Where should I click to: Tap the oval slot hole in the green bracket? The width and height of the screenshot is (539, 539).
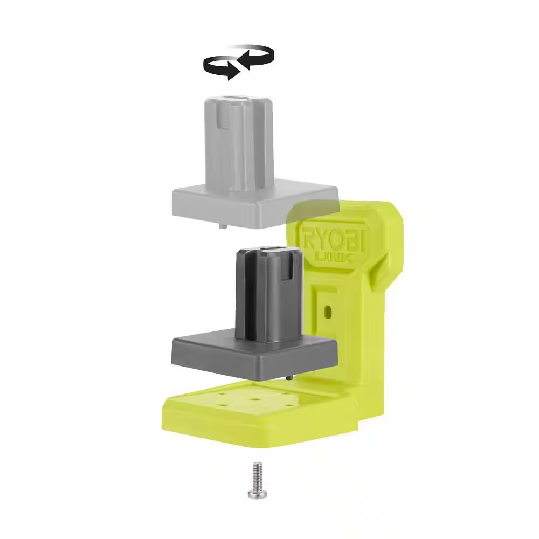click(326, 311)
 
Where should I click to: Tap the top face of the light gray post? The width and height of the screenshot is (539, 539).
click(237, 100)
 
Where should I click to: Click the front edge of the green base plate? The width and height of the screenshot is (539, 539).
click(259, 434)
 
